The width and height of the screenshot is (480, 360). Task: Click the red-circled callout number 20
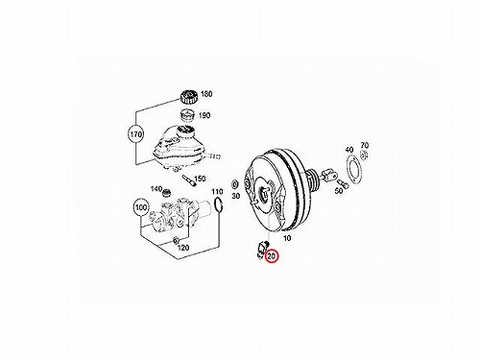(x=272, y=256)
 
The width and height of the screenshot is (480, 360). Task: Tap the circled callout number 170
(x=136, y=134)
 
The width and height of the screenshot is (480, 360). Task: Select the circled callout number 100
(x=141, y=208)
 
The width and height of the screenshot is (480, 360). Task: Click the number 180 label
(x=206, y=94)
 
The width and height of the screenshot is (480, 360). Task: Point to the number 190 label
(x=204, y=115)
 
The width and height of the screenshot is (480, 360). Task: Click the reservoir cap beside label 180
(x=188, y=97)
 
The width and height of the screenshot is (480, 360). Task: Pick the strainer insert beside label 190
(x=188, y=115)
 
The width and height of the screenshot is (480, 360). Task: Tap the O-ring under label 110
(x=217, y=204)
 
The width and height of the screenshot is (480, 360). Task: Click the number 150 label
(x=200, y=179)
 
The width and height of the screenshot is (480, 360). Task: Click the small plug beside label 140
(x=166, y=193)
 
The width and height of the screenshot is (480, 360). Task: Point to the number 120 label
(x=183, y=248)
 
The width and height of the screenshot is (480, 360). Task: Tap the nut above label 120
(x=176, y=240)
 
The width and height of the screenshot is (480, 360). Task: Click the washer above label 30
(x=235, y=184)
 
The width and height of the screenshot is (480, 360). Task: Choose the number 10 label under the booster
(x=287, y=238)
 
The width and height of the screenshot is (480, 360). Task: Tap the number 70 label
(x=365, y=145)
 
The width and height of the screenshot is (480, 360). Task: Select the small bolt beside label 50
(x=344, y=183)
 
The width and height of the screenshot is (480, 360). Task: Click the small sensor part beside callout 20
(x=261, y=248)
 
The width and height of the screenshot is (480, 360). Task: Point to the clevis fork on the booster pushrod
(x=328, y=175)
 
